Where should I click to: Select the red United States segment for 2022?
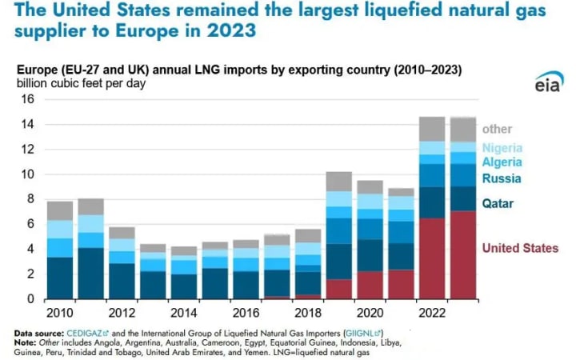(432, 258)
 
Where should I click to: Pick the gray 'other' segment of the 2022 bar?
(432, 129)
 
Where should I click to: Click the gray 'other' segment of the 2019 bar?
(338, 182)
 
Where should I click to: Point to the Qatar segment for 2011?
(91, 273)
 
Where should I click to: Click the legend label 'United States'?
(520, 248)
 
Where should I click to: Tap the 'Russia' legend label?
(502, 178)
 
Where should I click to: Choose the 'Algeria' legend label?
(502, 162)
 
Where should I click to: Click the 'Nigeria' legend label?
(502, 148)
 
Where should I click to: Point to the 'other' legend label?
(497, 129)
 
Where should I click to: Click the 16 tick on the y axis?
(28, 99)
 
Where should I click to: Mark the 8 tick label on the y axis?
(30, 199)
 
